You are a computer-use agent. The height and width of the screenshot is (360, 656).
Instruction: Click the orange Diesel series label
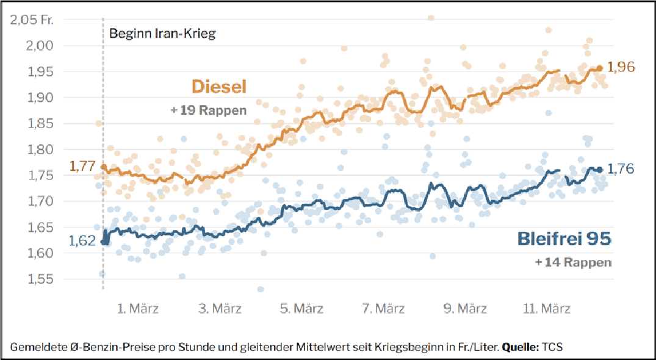coord(219,87)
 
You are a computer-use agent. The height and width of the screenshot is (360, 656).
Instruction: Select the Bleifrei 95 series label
coord(564,239)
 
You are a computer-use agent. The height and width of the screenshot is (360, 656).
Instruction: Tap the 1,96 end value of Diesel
coord(622,67)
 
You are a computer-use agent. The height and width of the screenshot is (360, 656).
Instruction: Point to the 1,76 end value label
coord(622,168)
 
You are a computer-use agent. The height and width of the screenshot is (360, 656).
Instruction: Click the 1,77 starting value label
coord(82,165)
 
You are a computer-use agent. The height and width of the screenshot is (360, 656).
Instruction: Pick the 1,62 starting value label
coord(82,240)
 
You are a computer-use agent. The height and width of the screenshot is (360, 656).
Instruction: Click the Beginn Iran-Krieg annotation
coord(162,34)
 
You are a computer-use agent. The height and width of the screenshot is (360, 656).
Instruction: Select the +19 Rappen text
coord(209,110)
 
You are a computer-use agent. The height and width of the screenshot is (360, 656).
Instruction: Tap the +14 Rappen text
coord(573,262)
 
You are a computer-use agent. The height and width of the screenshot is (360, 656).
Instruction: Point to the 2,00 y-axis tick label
coord(40,46)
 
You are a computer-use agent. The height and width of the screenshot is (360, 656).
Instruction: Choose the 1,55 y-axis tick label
coord(40,279)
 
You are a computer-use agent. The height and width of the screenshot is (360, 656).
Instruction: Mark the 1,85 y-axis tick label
coord(40,123)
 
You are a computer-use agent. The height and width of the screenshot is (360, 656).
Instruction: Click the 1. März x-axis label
coord(138,309)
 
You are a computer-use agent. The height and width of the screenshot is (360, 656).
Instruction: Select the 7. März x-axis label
coord(383,309)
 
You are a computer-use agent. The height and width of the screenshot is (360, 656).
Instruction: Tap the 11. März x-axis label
coord(548,309)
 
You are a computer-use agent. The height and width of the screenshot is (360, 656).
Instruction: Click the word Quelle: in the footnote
coord(521,347)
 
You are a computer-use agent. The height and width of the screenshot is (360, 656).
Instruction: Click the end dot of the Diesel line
coord(600,68)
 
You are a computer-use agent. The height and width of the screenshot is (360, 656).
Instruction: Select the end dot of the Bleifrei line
coord(600,170)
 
